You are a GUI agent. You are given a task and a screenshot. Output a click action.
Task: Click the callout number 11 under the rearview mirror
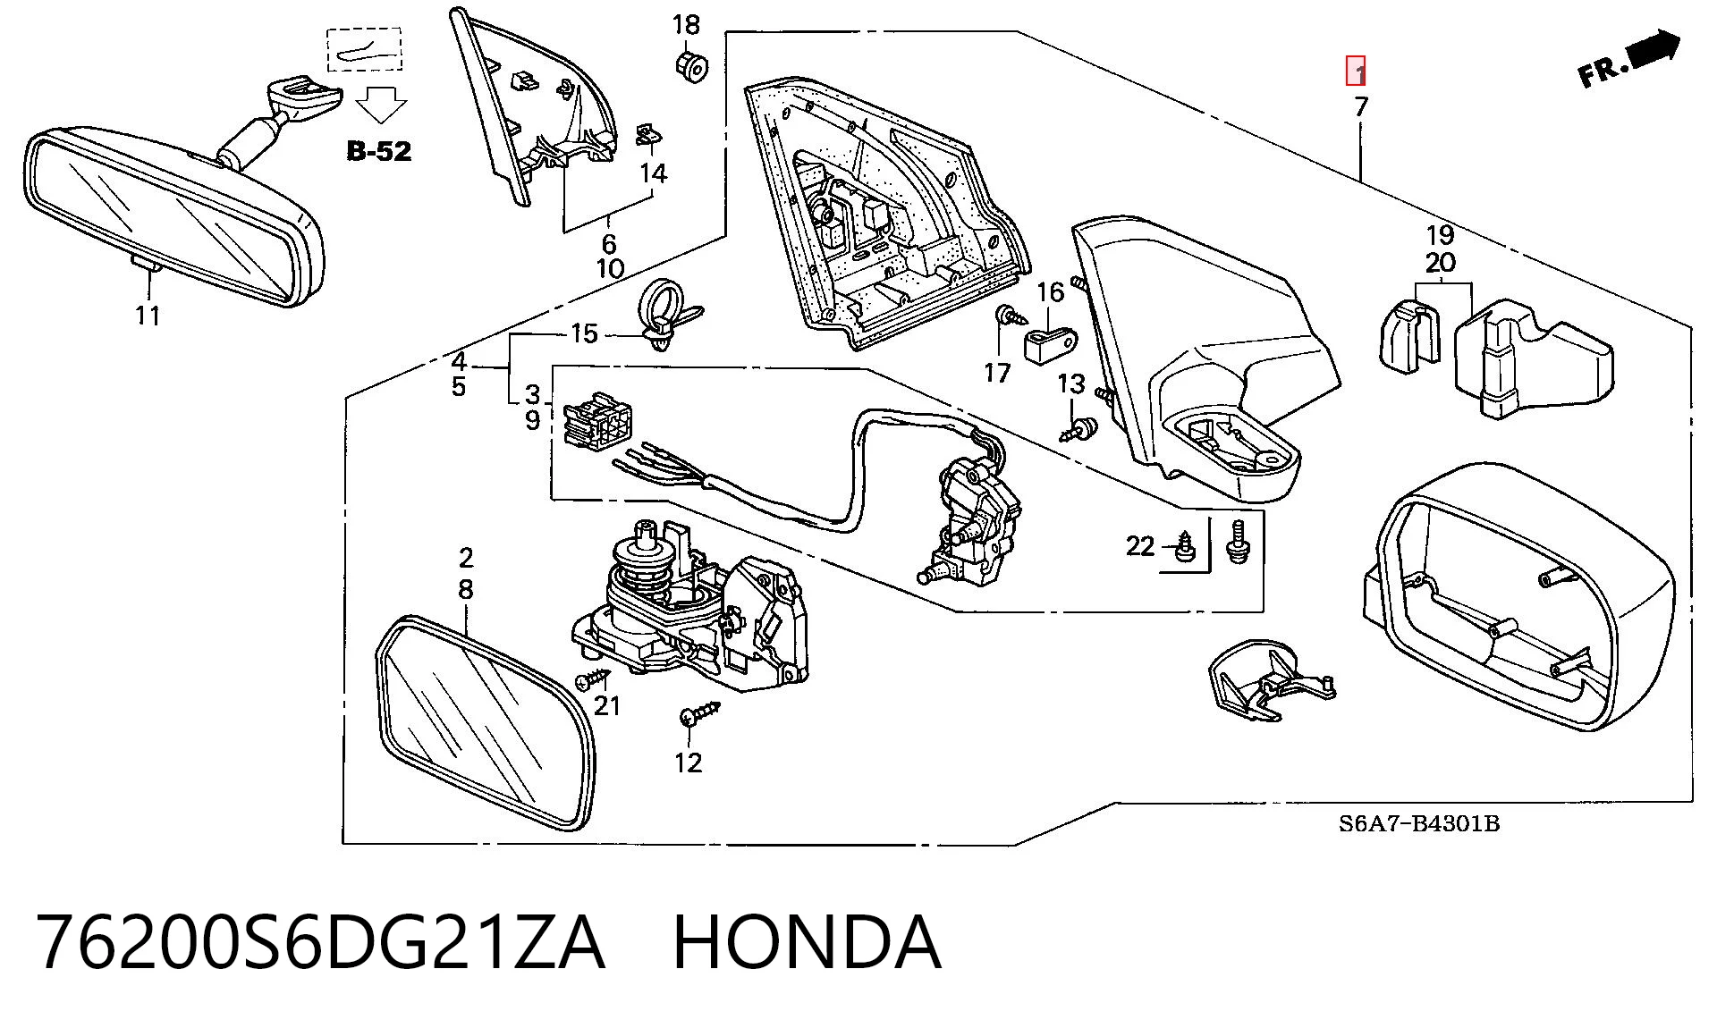tap(148, 316)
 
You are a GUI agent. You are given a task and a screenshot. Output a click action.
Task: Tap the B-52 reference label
tap(379, 151)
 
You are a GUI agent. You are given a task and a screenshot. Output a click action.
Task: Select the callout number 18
tap(686, 24)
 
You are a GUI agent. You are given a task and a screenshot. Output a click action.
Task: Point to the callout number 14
tap(654, 173)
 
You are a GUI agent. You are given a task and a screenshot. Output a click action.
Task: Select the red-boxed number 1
tap(1356, 71)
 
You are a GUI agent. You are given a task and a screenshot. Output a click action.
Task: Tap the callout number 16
tap(1051, 292)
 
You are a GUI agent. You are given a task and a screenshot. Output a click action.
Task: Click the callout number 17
tap(997, 373)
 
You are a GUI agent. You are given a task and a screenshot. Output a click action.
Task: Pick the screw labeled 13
tap(1078, 430)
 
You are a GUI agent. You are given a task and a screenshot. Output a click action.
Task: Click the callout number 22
tap(1140, 545)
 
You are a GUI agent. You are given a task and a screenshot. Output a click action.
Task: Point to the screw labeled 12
tap(700, 713)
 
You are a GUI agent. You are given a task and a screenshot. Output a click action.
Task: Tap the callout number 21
tap(607, 705)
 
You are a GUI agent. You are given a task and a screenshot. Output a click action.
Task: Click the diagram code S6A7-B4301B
tap(1418, 823)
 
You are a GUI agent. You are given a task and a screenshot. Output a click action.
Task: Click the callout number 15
tap(584, 333)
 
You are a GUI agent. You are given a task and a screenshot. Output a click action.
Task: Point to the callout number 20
tap(1440, 263)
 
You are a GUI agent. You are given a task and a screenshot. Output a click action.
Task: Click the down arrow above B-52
tap(380, 105)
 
